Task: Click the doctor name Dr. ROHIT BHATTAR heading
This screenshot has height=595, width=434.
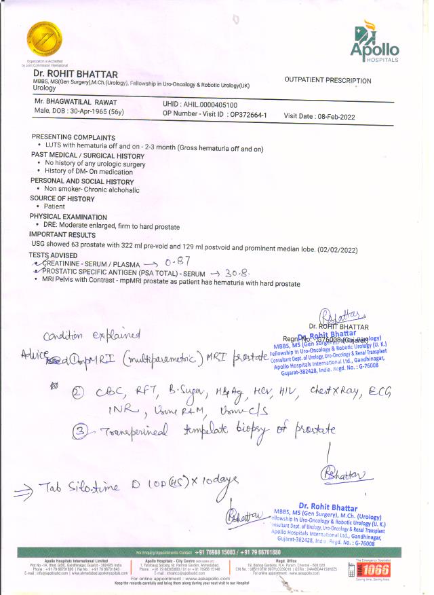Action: point(76,74)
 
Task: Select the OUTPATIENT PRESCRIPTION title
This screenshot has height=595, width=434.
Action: point(328,81)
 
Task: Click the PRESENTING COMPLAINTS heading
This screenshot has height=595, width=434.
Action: point(71,137)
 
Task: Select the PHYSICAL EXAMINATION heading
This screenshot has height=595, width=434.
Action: point(70,217)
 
